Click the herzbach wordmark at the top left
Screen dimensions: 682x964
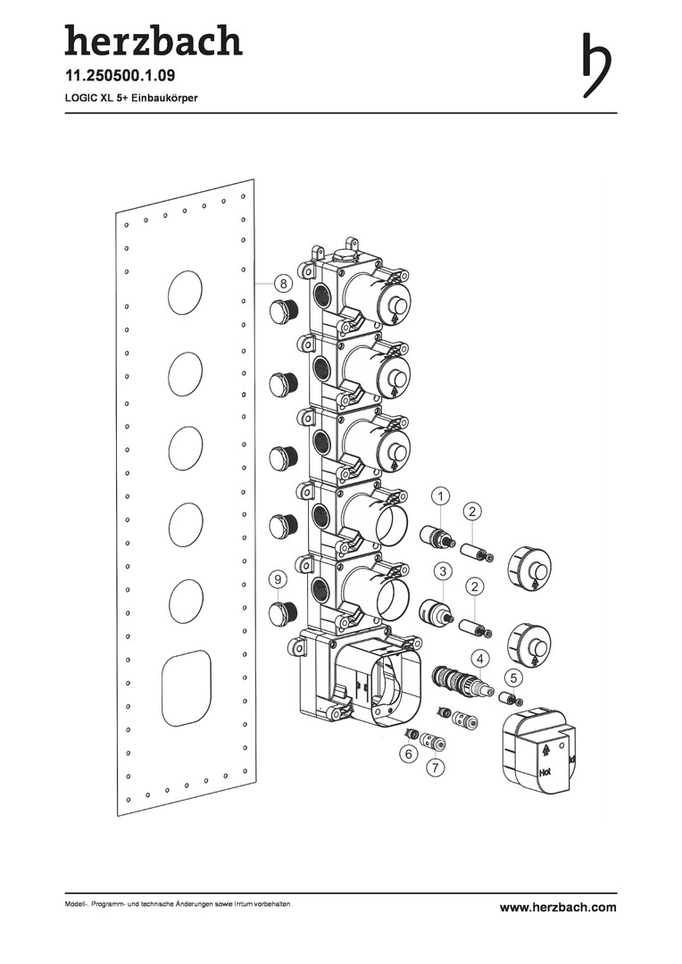coord(154,40)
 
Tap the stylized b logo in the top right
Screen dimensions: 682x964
coord(596,64)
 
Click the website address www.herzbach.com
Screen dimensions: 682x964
coord(558,907)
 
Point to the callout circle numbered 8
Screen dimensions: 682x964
coord(282,284)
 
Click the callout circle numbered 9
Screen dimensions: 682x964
coord(278,579)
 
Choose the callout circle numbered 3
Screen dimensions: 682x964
coord(443,571)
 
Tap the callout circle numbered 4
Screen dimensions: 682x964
coord(480,659)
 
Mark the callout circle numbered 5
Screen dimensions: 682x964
coord(515,678)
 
